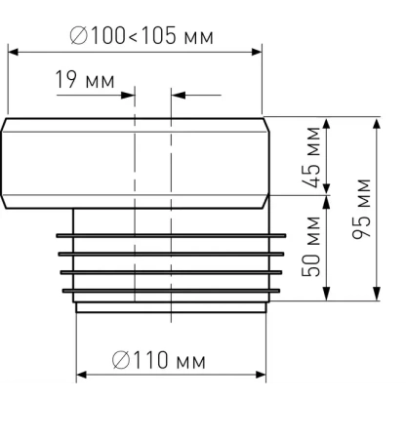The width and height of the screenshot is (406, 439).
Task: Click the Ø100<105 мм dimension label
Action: pos(142,35)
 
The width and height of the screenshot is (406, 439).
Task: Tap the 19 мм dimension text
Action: pos(85,79)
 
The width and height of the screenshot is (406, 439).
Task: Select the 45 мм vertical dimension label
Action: pos(310,157)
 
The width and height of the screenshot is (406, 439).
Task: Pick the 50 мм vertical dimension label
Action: pos(310,246)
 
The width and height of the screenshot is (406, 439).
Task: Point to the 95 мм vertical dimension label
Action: pos(361,209)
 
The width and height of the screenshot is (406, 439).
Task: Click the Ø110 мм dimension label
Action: pos(158,360)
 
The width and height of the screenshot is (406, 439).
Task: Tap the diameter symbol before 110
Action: pos(121,360)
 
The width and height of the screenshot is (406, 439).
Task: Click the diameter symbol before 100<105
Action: pos(79,35)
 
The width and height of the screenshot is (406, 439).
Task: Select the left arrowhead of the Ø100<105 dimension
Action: pos(14,52)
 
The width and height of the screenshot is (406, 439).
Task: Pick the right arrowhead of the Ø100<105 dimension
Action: pos(257,52)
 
